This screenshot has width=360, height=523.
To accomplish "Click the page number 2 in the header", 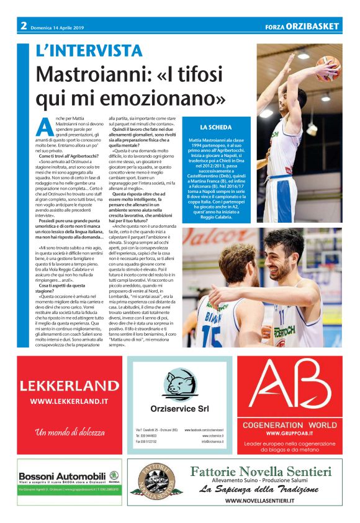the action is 23,25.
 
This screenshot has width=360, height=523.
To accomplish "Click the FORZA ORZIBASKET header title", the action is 302,26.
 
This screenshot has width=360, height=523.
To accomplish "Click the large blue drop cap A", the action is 44,127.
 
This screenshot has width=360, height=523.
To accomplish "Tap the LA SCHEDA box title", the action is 216,127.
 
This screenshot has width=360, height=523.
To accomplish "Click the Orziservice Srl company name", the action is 179,408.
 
